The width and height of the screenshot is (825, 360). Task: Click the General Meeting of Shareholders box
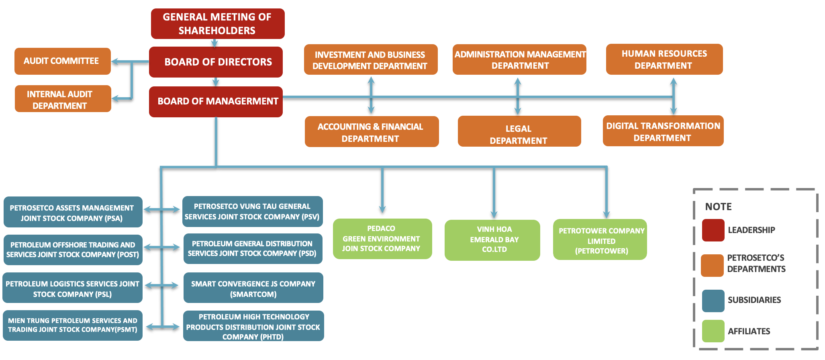217,24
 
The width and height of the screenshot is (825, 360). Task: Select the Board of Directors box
216,62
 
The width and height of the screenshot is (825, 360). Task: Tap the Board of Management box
216,102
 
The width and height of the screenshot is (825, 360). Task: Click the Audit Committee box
62,61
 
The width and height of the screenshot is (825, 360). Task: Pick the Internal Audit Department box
63,99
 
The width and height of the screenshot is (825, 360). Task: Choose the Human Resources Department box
664,59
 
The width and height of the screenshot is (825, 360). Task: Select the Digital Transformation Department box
663,131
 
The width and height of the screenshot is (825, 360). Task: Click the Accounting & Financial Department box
371,132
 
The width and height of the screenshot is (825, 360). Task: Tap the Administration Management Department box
519,59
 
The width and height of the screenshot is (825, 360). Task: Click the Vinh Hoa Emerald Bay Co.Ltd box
492,240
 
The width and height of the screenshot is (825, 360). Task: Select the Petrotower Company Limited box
600,240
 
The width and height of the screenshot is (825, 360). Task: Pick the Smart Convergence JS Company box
253,288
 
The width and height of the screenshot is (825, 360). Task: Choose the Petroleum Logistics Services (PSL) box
72,288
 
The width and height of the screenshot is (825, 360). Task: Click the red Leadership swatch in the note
713,230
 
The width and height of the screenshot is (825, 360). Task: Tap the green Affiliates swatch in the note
713,331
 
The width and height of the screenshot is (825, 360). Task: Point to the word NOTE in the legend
718,207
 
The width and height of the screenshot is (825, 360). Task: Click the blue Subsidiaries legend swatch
713,301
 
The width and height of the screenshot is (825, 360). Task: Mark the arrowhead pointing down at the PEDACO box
382,209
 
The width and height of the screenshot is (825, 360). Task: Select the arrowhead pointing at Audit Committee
115,61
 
